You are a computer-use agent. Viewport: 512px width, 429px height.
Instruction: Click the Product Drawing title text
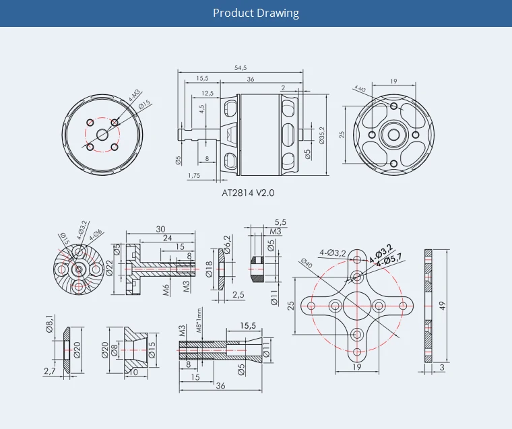pos(256,13)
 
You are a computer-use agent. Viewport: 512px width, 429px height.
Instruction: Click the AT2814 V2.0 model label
pos(248,192)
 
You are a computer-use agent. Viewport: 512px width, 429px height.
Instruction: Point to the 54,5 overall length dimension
pos(241,67)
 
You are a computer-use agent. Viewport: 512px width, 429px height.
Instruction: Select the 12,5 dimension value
pos(207,93)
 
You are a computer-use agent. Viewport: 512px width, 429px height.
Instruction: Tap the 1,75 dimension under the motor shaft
pos(193,175)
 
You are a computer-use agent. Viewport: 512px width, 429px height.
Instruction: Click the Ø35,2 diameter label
pos(321,135)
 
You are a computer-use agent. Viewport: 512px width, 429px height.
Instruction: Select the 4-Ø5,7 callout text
pos(389,258)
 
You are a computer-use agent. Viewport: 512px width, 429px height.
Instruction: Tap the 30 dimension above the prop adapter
pos(161,230)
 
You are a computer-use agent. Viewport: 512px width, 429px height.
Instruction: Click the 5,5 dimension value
pos(280,222)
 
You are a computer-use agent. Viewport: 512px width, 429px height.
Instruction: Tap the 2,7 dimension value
pos(49,371)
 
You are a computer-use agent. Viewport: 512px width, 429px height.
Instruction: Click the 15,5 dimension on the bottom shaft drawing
pos(248,326)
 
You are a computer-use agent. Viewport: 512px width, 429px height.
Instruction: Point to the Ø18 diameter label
pos(210,268)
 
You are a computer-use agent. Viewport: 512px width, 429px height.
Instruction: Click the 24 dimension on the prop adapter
pos(167,238)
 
